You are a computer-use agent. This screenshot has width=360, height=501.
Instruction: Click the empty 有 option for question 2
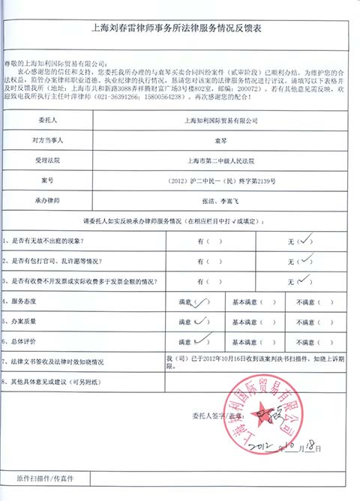pos(209,261)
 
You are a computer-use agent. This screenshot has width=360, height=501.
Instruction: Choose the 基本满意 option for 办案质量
pos(254,321)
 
